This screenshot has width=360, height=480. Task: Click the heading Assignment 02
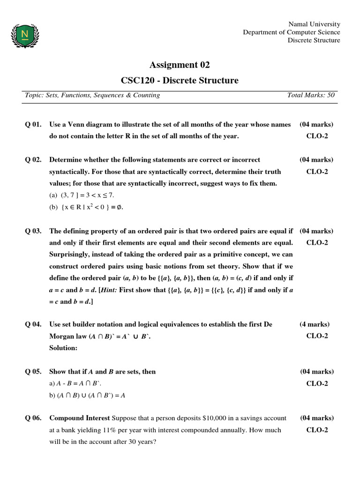180,65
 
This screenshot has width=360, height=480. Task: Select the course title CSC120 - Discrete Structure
180,81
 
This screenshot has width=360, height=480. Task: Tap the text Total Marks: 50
311,95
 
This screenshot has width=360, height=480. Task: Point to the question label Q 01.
33,125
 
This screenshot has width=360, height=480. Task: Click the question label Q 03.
33,231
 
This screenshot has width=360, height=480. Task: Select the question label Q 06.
33,418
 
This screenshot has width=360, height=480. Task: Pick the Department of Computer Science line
291,32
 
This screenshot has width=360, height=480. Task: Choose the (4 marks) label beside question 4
315,324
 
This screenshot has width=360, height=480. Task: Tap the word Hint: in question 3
108,290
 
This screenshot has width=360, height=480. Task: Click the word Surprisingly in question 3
71,255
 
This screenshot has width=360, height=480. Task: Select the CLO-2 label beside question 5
317,383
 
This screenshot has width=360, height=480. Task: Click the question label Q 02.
33,160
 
